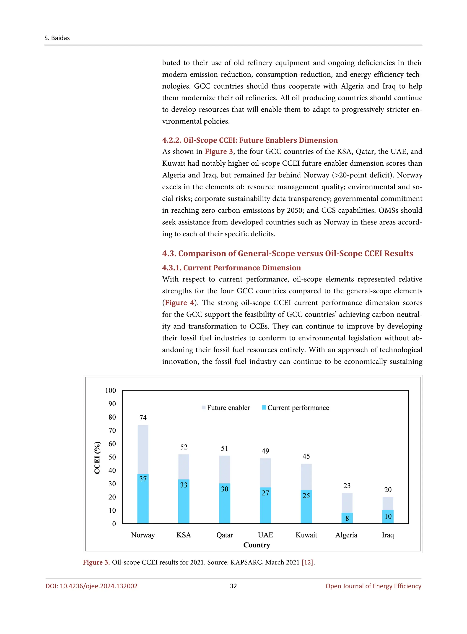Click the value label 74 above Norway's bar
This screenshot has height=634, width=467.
pos(143,418)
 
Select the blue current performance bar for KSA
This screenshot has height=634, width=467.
pos(184,503)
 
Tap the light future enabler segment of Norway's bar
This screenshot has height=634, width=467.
pos(143,450)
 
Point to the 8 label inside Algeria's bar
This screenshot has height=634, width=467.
pos(347,518)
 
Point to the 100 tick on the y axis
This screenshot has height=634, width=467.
pos(111,391)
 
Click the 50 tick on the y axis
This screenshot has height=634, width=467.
pos(112,457)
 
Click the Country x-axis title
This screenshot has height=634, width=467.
pos(257,545)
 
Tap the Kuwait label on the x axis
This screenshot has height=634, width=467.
pos(306,535)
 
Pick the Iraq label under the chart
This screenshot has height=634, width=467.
pos(388,535)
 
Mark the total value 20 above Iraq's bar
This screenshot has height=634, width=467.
pos(388,490)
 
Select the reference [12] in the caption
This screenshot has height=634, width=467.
pos(308,562)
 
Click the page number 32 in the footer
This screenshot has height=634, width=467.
pos(233,586)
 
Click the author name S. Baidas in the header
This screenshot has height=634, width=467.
pos(57,38)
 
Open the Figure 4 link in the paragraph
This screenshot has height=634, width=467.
pos(179,303)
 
